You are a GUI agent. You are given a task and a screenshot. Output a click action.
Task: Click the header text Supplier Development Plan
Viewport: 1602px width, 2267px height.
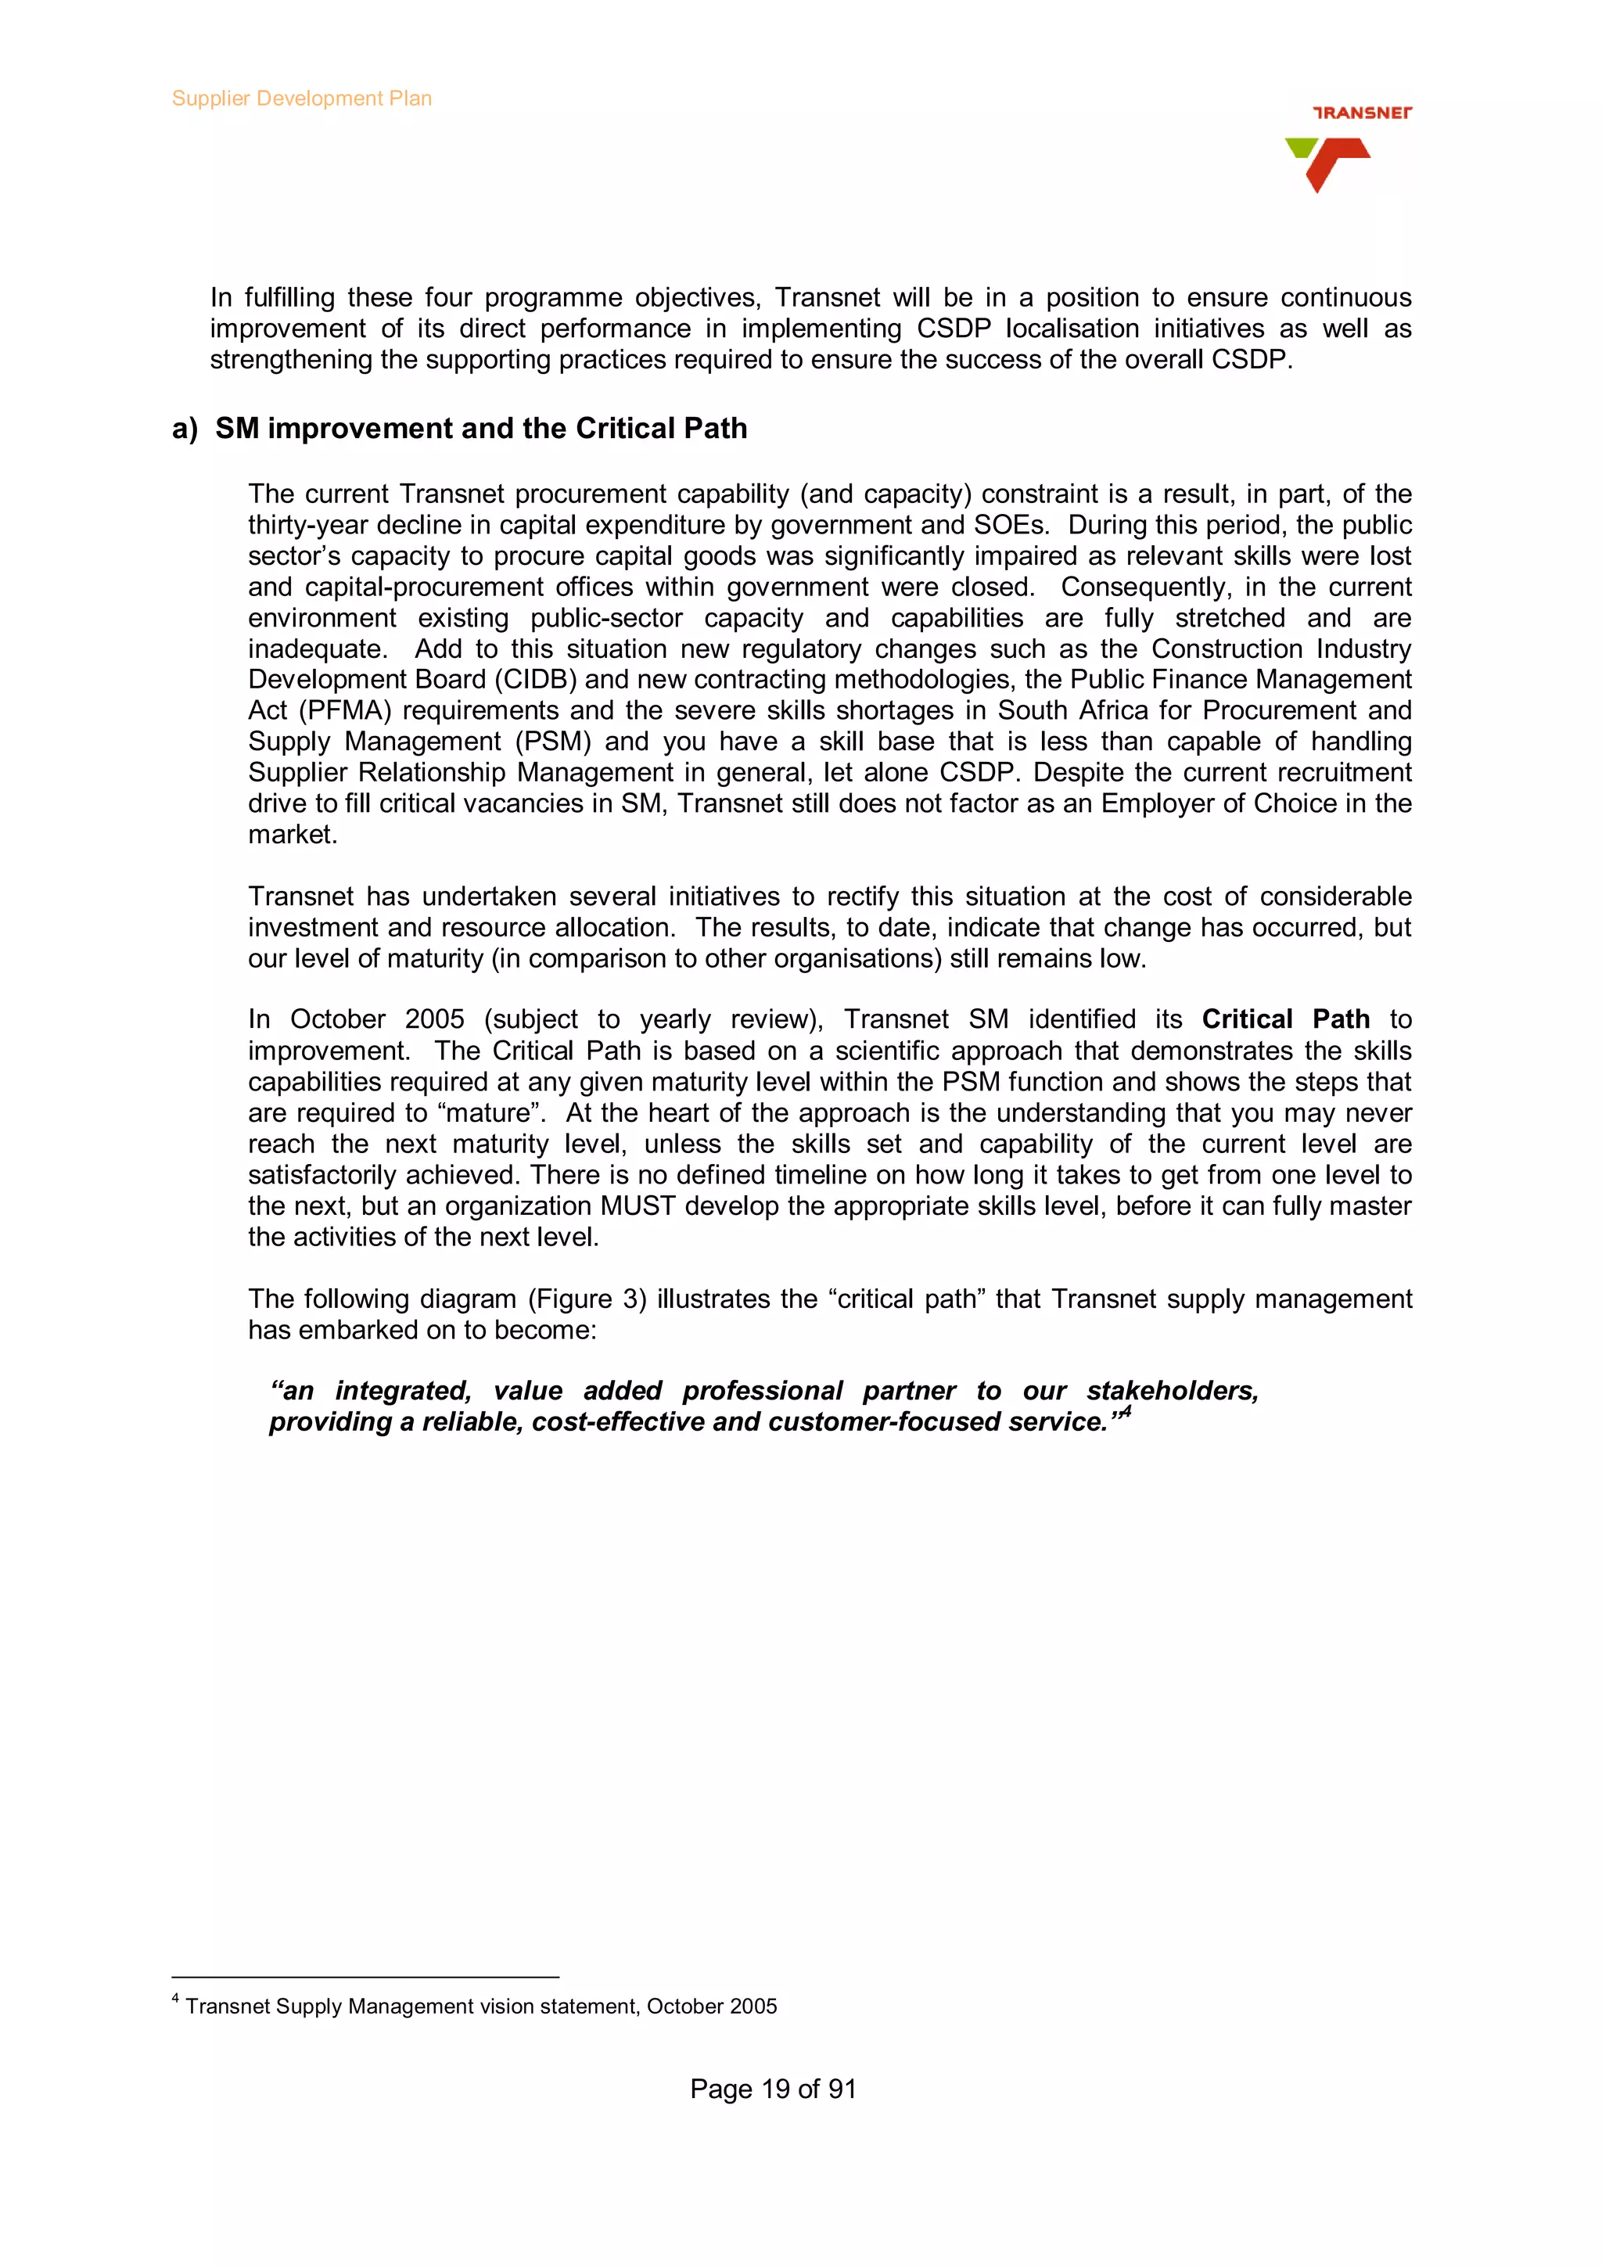tap(301, 99)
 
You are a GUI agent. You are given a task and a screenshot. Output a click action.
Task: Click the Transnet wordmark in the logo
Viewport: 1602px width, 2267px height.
tap(1361, 113)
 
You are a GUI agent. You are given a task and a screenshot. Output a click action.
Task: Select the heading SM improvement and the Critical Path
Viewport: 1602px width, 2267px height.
tap(481, 429)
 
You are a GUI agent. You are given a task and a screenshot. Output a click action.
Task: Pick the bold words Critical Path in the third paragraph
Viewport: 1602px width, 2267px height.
tap(1285, 1020)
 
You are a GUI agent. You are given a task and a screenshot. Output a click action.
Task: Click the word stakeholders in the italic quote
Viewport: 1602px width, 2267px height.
tap(1172, 1391)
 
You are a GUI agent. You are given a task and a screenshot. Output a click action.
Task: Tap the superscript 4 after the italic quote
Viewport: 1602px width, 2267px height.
tap(1126, 1413)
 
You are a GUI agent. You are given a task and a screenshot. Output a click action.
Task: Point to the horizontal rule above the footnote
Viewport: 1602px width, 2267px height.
tap(365, 1978)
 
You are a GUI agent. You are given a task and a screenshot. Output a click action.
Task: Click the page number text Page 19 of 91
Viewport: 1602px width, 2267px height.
tap(773, 2089)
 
